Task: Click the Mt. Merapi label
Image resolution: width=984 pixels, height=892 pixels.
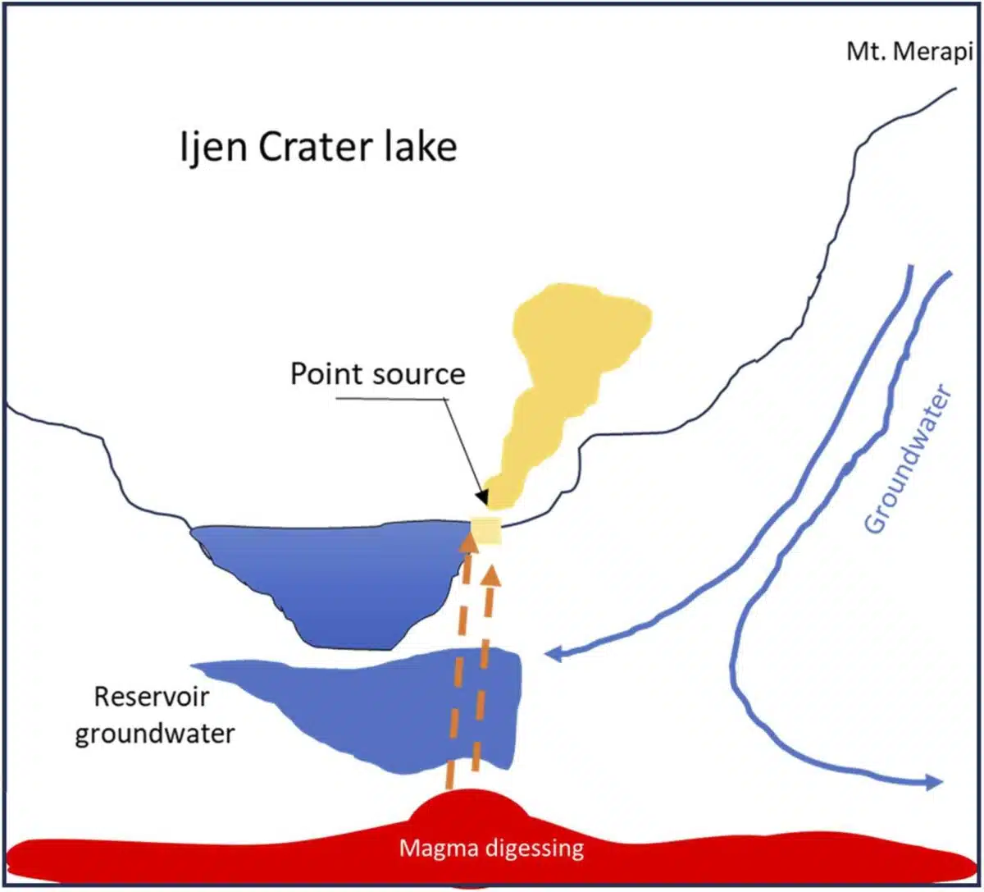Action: (x=909, y=53)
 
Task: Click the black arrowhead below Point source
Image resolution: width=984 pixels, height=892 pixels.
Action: (x=481, y=498)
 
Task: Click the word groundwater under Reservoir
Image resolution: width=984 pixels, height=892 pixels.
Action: (x=154, y=733)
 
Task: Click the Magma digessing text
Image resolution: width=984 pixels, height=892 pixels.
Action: (x=491, y=848)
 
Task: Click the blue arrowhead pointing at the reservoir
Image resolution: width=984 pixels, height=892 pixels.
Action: (x=554, y=654)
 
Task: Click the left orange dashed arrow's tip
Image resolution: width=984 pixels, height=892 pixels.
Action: (x=467, y=539)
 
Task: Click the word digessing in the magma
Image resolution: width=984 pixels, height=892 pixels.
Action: (x=532, y=848)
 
